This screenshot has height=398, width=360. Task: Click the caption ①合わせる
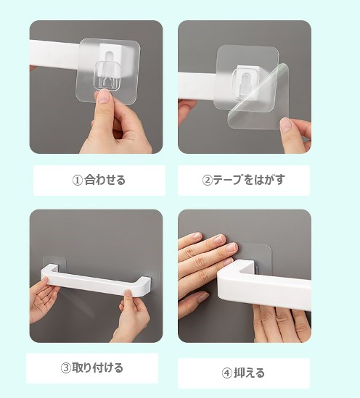coord(99,181)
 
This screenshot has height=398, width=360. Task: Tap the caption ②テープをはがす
coord(243,181)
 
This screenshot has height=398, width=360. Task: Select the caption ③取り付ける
coord(92,368)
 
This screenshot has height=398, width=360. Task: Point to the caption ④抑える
coord(243,373)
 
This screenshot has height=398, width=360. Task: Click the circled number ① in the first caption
coord(78,181)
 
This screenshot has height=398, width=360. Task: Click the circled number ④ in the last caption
coord(226,373)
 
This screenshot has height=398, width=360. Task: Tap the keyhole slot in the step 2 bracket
coord(245,80)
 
